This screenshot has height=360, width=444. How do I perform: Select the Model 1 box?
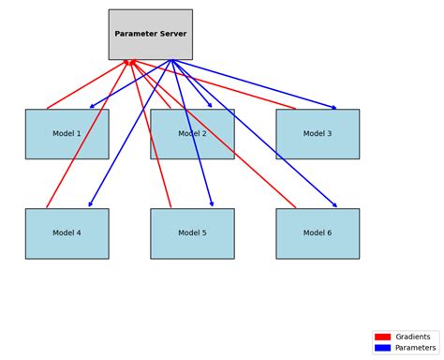pyautogui.click(x=67, y=134)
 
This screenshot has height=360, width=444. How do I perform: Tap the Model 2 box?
pyautogui.click(x=192, y=134)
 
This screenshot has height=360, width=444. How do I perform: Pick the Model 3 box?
pyautogui.click(x=318, y=134)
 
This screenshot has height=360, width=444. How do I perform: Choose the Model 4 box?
pyautogui.click(x=67, y=233)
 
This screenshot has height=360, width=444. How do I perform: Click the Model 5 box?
pyautogui.click(x=192, y=233)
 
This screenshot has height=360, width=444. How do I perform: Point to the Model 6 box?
pyautogui.click(x=318, y=233)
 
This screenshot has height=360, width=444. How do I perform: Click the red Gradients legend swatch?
pyautogui.click(x=382, y=337)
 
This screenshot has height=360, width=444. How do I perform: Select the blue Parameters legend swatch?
pyautogui.click(x=382, y=348)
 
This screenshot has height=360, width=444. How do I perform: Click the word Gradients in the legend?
pyautogui.click(x=413, y=337)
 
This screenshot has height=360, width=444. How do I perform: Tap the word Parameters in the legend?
pyautogui.click(x=415, y=348)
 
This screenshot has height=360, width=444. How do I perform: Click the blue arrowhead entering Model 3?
pyautogui.click(x=333, y=108)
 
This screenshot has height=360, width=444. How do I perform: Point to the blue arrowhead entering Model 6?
pyautogui.click(x=334, y=205)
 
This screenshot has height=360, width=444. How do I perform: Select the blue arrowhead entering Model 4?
pyautogui.click(x=90, y=204)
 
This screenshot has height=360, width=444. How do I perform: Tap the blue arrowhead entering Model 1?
pyautogui.click(x=92, y=107)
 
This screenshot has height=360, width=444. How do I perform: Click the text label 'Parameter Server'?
pyautogui.click(x=150, y=34)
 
